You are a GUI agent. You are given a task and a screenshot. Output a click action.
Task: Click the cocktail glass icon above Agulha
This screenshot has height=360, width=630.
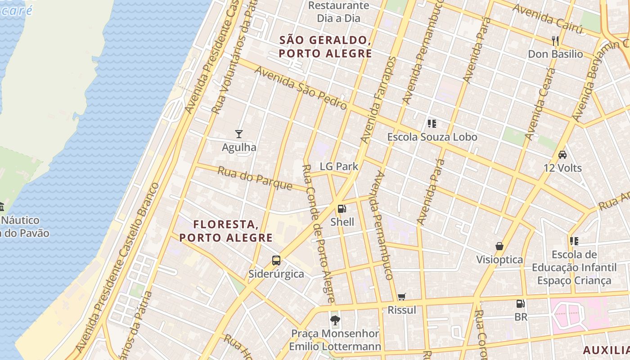click(x=239, y=134)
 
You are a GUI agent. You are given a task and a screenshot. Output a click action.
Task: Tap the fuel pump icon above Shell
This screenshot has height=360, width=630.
click(x=342, y=208)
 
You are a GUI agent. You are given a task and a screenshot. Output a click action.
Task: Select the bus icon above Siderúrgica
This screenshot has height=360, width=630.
click(x=276, y=260)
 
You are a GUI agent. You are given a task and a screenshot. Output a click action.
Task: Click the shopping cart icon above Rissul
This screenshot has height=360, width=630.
click(x=402, y=297)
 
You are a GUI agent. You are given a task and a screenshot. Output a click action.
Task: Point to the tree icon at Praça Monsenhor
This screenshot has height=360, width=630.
click(x=335, y=320)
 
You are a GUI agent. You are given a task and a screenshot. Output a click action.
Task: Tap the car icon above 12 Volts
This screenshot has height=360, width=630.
click(x=562, y=155)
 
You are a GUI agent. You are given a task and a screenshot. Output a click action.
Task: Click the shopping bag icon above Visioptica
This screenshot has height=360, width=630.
click(x=499, y=246)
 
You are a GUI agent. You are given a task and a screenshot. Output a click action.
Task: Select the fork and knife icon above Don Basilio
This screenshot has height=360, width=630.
click(x=555, y=41)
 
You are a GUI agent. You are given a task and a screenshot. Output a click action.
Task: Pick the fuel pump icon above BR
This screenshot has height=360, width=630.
click(x=521, y=304)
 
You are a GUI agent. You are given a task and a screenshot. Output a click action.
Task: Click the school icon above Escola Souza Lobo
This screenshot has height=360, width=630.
click(x=432, y=123)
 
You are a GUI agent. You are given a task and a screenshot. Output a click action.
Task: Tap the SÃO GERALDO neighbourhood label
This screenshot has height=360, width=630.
click(x=325, y=47)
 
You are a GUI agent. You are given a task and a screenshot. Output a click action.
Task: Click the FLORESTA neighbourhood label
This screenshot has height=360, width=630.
click(x=226, y=231)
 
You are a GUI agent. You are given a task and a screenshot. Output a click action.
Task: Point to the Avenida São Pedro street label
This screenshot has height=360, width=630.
click(x=301, y=88)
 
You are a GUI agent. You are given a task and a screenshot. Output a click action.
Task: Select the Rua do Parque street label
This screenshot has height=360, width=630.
click(x=255, y=178)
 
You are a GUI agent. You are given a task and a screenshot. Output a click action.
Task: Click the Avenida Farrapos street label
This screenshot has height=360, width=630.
click(x=378, y=100)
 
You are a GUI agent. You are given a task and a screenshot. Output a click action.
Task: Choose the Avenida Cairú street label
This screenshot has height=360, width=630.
click(x=547, y=19)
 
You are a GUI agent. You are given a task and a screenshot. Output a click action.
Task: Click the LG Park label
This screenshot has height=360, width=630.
click(x=339, y=166)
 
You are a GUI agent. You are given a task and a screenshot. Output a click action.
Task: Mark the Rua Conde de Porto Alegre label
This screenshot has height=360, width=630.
click(x=318, y=234)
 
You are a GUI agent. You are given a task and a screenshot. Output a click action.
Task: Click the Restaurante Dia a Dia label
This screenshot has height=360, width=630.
click(x=338, y=12)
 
